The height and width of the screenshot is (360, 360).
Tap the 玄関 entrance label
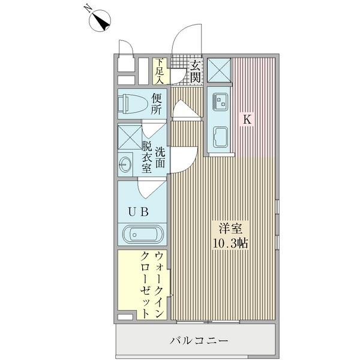click(x=196, y=71)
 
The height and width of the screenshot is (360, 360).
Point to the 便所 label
click(x=157, y=104)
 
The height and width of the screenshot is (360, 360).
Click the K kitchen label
click(x=247, y=119)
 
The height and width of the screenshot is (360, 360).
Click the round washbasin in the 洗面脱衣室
click(x=126, y=163)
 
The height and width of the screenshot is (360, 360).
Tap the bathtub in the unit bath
click(x=142, y=234)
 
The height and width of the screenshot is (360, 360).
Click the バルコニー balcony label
click(x=198, y=341)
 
